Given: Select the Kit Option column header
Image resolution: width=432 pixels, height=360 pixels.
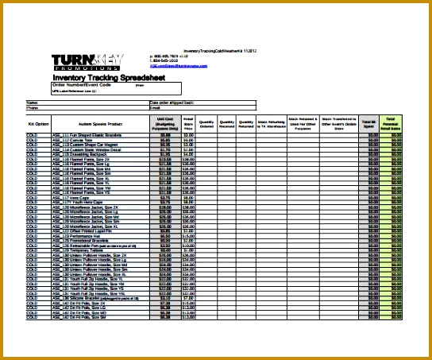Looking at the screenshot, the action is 38,125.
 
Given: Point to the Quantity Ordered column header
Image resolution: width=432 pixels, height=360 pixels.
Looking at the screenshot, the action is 206,125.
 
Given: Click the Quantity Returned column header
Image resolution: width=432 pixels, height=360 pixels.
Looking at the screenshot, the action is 246,125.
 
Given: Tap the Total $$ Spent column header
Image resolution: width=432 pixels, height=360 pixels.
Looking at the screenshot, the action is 369,123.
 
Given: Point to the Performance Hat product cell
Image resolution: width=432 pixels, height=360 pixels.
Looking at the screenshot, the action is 84,236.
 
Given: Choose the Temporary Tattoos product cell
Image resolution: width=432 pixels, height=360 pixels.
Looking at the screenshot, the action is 84,250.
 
